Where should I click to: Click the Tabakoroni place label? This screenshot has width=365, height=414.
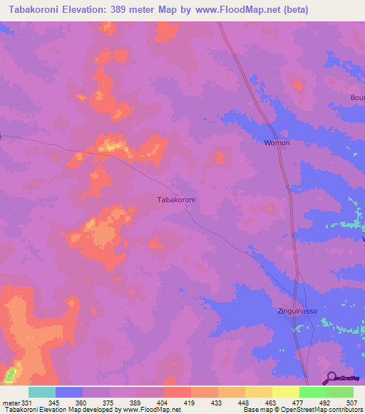pyautogui.click(x=175, y=200)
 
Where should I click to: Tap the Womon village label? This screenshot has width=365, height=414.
pyautogui.click(x=277, y=143)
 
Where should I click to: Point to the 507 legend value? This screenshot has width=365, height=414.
pyautogui.click(x=354, y=402)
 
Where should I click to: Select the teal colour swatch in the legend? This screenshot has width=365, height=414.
pyautogui.click(x=42, y=392)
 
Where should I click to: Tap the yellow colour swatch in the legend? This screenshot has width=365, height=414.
pyautogui.click(x=285, y=392)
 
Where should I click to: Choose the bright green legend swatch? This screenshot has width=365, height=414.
pyautogui.click(x=312, y=392)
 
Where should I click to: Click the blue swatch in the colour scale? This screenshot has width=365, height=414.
pyautogui.click(x=69, y=392)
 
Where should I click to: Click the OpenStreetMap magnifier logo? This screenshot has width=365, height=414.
pyautogui.click(x=330, y=378)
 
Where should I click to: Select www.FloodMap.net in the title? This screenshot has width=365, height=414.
pyautogui.click(x=242, y=10)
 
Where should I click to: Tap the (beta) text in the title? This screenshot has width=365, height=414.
pyautogui.click(x=296, y=10)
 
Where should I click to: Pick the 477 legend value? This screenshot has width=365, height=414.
pyautogui.click(x=299, y=402)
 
